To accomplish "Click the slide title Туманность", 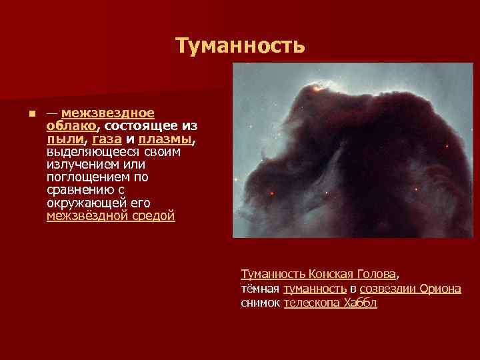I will pos(240,45).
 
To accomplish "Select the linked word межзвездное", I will pos(107,112).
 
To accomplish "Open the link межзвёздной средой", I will pos(111,216).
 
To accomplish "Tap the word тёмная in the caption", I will pos(260,288).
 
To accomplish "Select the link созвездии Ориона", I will pos(410,288).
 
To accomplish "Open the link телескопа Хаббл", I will pos(331,303).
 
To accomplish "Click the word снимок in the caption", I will pos(260,303).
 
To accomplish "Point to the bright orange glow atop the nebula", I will pos(321,86).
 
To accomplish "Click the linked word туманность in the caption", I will pos(315,288).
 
